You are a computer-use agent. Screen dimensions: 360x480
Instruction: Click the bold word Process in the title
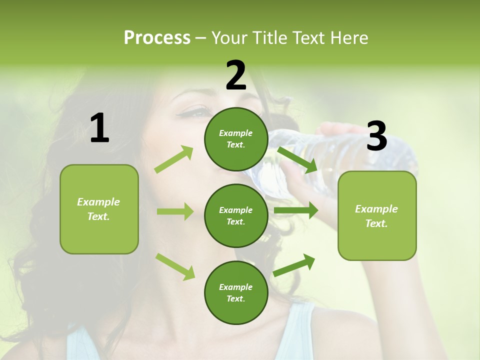coord(157,38)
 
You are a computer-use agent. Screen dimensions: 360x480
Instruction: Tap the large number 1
coord(99,128)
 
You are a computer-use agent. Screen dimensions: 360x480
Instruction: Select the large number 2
coord(236,75)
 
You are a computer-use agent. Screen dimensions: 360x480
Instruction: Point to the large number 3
coord(376,136)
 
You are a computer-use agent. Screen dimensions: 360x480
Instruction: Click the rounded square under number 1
coord(99,209)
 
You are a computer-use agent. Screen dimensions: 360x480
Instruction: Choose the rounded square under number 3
coord(377,216)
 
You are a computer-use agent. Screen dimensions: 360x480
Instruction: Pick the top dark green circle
coord(236,139)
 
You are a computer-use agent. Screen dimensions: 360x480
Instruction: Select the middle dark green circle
coord(236,215)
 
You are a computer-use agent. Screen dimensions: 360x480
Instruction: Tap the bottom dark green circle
coord(236,292)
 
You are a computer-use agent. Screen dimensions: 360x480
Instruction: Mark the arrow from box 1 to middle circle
coord(175,211)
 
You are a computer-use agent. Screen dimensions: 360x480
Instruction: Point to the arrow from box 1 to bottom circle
coord(175,266)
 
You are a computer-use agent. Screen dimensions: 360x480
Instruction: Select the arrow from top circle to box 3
coord(298,159)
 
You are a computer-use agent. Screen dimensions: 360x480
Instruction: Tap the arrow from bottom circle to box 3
coord(294,265)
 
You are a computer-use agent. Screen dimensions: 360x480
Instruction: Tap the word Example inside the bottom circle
coord(236,287)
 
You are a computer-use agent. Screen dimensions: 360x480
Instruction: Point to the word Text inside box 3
coord(376,223)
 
